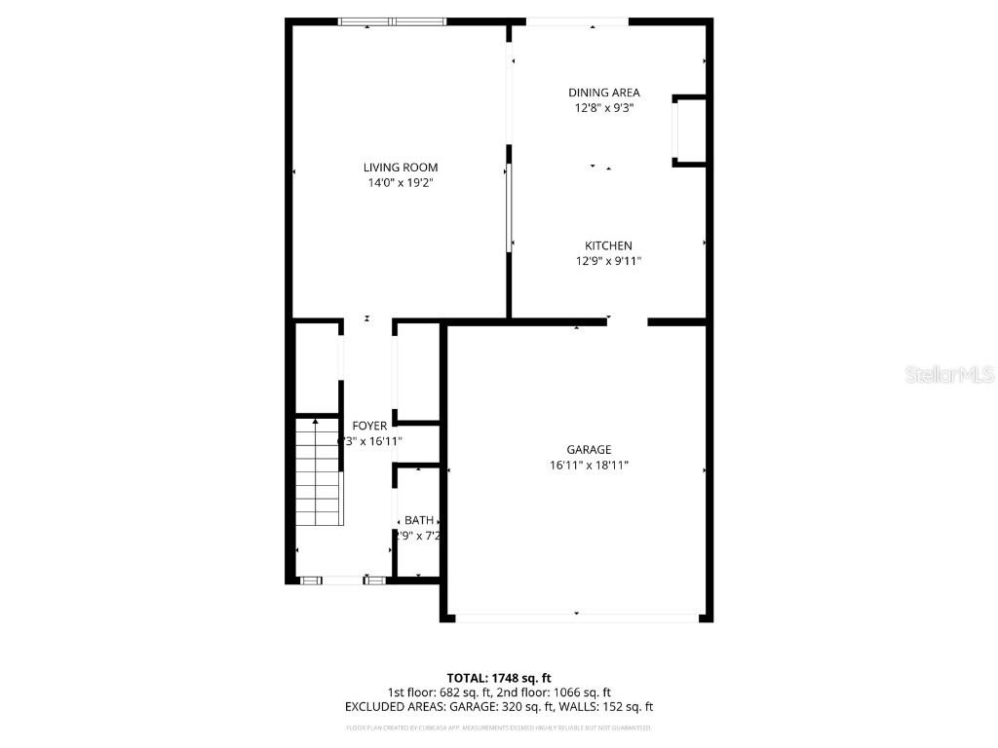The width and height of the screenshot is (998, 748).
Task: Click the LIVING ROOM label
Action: (x=401, y=168)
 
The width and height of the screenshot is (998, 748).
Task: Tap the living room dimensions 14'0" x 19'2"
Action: (x=401, y=183)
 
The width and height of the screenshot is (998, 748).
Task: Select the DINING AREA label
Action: (x=604, y=93)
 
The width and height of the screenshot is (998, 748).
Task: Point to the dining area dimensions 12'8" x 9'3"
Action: (x=604, y=109)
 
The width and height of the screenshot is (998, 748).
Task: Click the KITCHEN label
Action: (x=608, y=245)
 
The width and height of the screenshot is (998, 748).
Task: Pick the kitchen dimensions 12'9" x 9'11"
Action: (x=608, y=261)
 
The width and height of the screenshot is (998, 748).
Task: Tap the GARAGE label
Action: (x=589, y=450)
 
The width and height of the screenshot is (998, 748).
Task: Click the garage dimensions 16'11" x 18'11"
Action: (x=589, y=466)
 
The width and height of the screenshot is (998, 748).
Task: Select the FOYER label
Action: (x=369, y=426)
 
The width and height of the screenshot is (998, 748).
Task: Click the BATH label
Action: (x=419, y=520)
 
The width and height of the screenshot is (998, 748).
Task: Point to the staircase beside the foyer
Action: (x=318, y=473)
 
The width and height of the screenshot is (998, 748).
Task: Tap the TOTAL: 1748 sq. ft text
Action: (x=499, y=678)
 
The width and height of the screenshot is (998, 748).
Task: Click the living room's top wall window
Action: (x=392, y=20)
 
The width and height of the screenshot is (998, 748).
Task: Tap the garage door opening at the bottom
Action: (x=577, y=617)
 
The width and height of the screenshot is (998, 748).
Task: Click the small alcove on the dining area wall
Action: (x=690, y=131)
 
